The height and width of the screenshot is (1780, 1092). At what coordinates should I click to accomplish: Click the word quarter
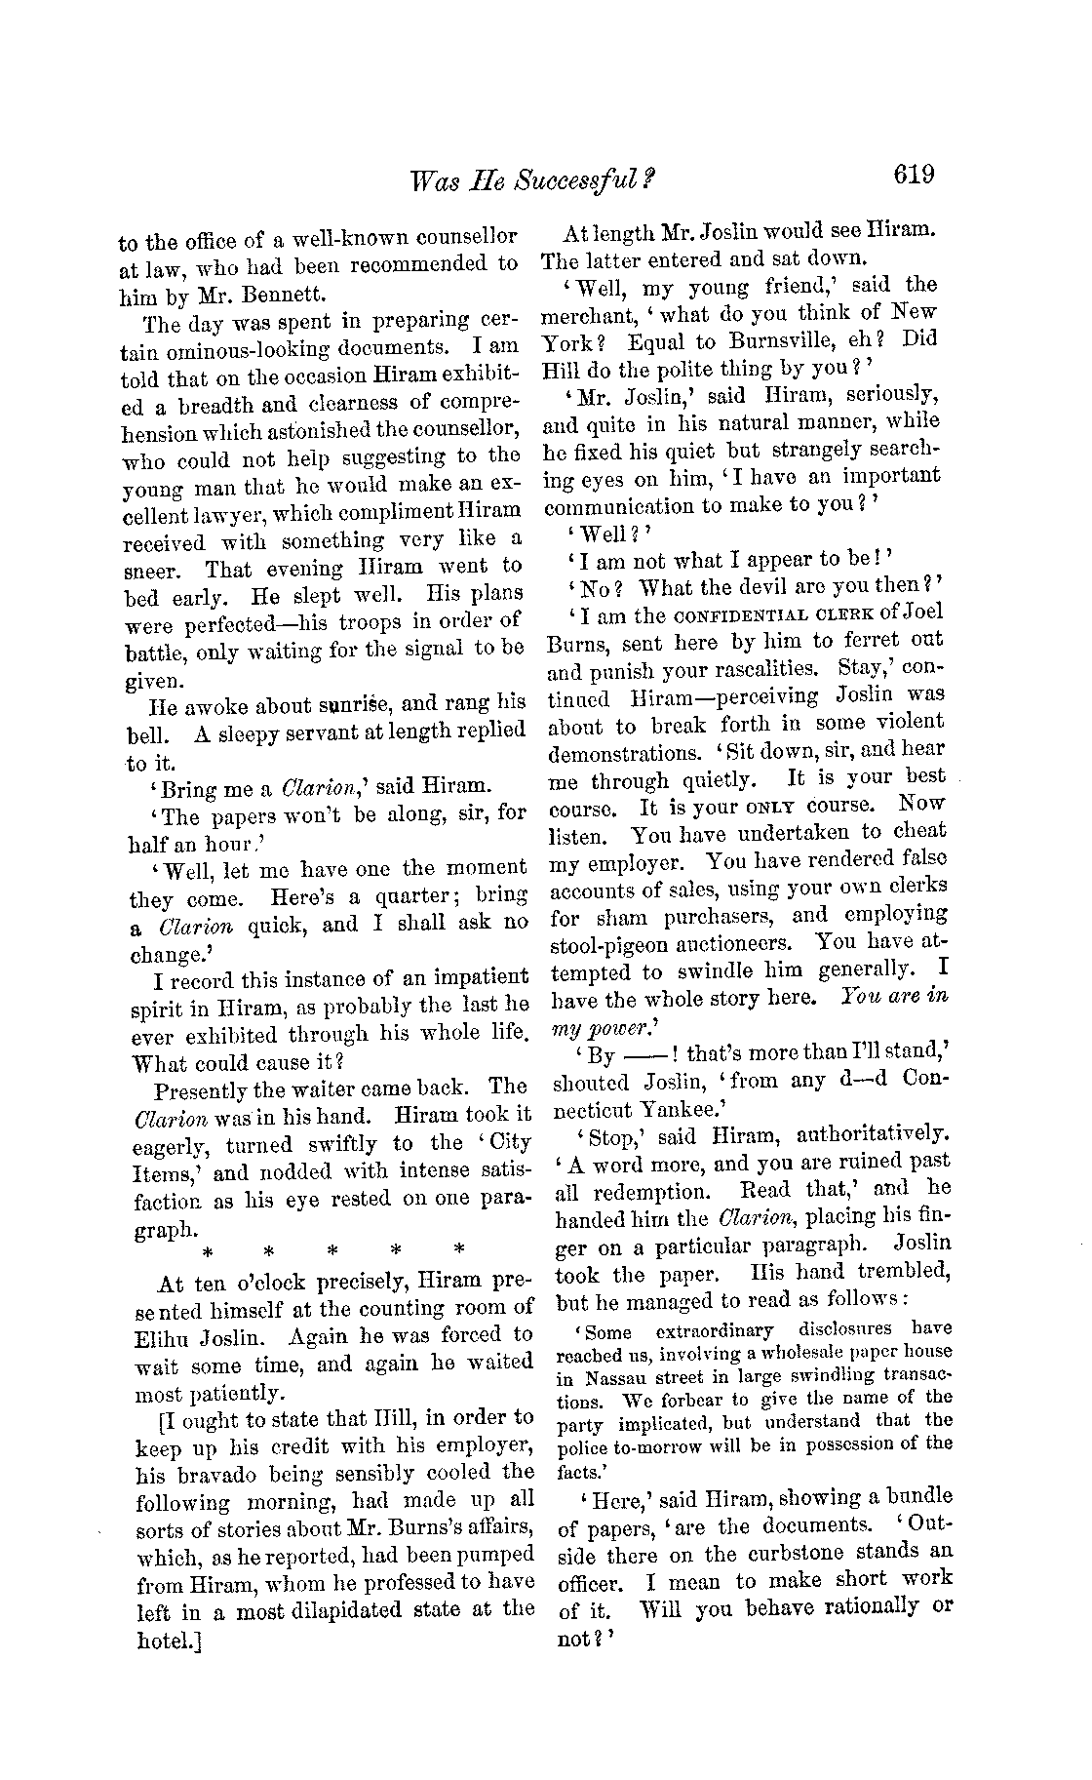coord(403,895)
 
